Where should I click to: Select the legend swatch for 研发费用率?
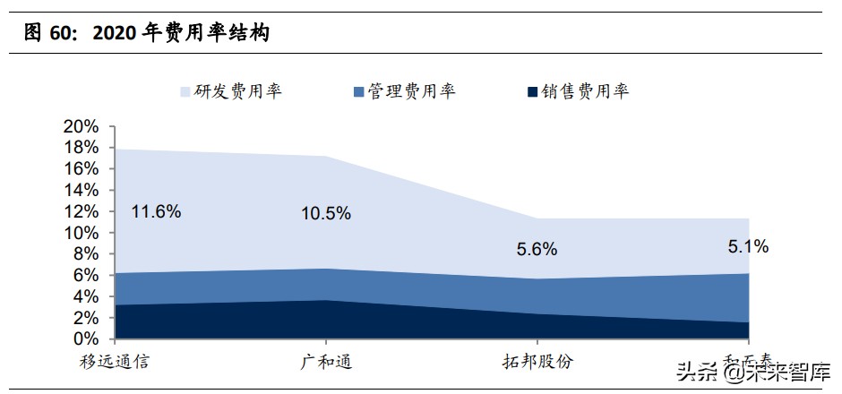coord(185,91)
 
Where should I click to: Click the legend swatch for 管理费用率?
coord(358,91)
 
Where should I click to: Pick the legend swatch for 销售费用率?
coord(532,91)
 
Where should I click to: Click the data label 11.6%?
coord(156,212)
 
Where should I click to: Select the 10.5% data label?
coord(325,213)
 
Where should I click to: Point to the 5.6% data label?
coord(537,249)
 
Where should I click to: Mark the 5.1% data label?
coord(748,246)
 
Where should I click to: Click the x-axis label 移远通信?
coord(113,363)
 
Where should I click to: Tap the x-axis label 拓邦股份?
coord(537,363)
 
